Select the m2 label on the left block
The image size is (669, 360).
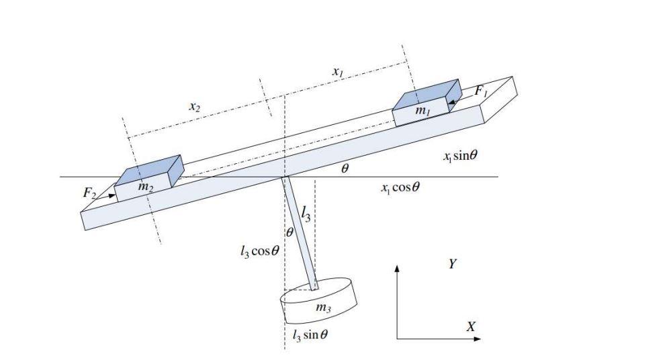tap(144, 187)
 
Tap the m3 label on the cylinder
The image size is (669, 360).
tap(323, 308)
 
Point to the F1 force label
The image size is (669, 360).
tap(482, 93)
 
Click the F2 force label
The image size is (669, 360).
tap(89, 193)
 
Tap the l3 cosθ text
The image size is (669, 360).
tap(259, 253)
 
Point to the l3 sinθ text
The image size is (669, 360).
tap(310, 334)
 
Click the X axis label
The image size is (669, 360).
tap(471, 326)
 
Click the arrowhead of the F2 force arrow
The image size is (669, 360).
tap(111, 196)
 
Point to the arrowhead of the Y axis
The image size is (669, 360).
tap(397, 268)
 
